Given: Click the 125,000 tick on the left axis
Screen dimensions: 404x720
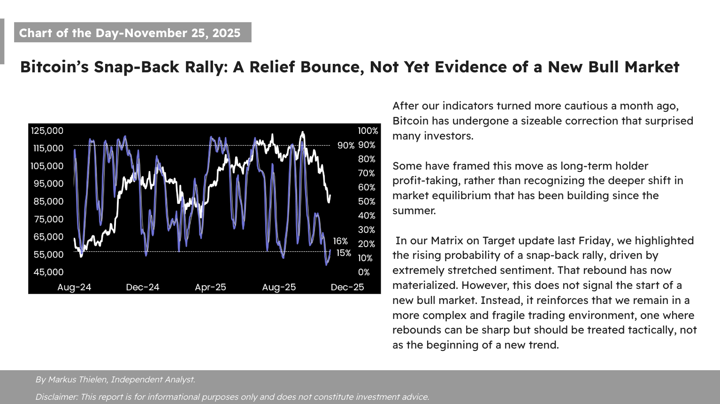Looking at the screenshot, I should tap(47, 131).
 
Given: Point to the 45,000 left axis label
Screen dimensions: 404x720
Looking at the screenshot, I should tap(48, 272).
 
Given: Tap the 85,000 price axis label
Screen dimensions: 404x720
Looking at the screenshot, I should tap(48, 202).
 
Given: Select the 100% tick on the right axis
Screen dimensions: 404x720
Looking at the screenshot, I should tap(368, 131).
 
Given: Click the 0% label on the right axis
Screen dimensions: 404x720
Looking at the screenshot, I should tap(364, 272).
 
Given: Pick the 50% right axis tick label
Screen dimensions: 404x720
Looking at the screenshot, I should tap(367, 202).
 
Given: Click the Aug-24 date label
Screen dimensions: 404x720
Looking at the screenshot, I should tap(74, 287).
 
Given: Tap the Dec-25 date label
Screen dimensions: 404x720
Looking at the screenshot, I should tap(347, 287).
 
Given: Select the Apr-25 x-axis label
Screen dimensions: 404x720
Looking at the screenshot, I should tap(210, 287).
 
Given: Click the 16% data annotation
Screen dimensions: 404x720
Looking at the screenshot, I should tap(340, 241).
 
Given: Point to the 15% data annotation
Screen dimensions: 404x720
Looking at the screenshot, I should tap(344, 253).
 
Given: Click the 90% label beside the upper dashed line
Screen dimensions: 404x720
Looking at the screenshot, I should tap(346, 146).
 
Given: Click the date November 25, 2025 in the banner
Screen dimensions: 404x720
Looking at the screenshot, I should tap(182, 33).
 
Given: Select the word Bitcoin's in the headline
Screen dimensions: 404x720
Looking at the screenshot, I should tap(54, 67).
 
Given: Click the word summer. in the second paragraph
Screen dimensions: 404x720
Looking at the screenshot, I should tap(414, 210).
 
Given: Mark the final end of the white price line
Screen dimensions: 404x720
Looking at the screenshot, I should tap(330, 195).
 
